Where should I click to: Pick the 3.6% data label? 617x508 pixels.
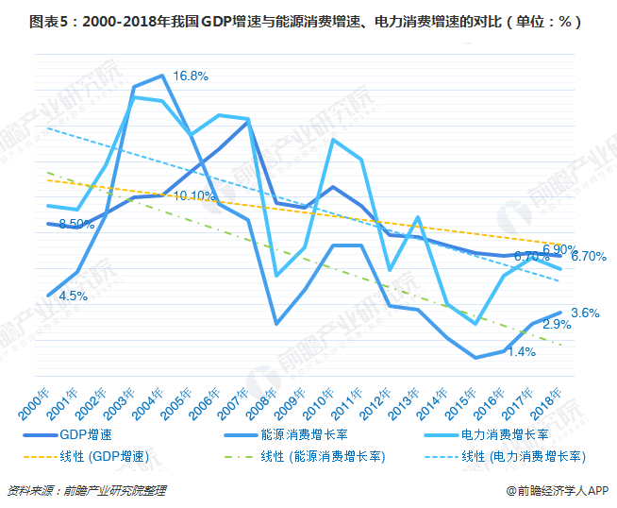pyautogui.click(x=585, y=313)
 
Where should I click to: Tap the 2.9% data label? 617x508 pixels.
pyautogui.click(x=557, y=324)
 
